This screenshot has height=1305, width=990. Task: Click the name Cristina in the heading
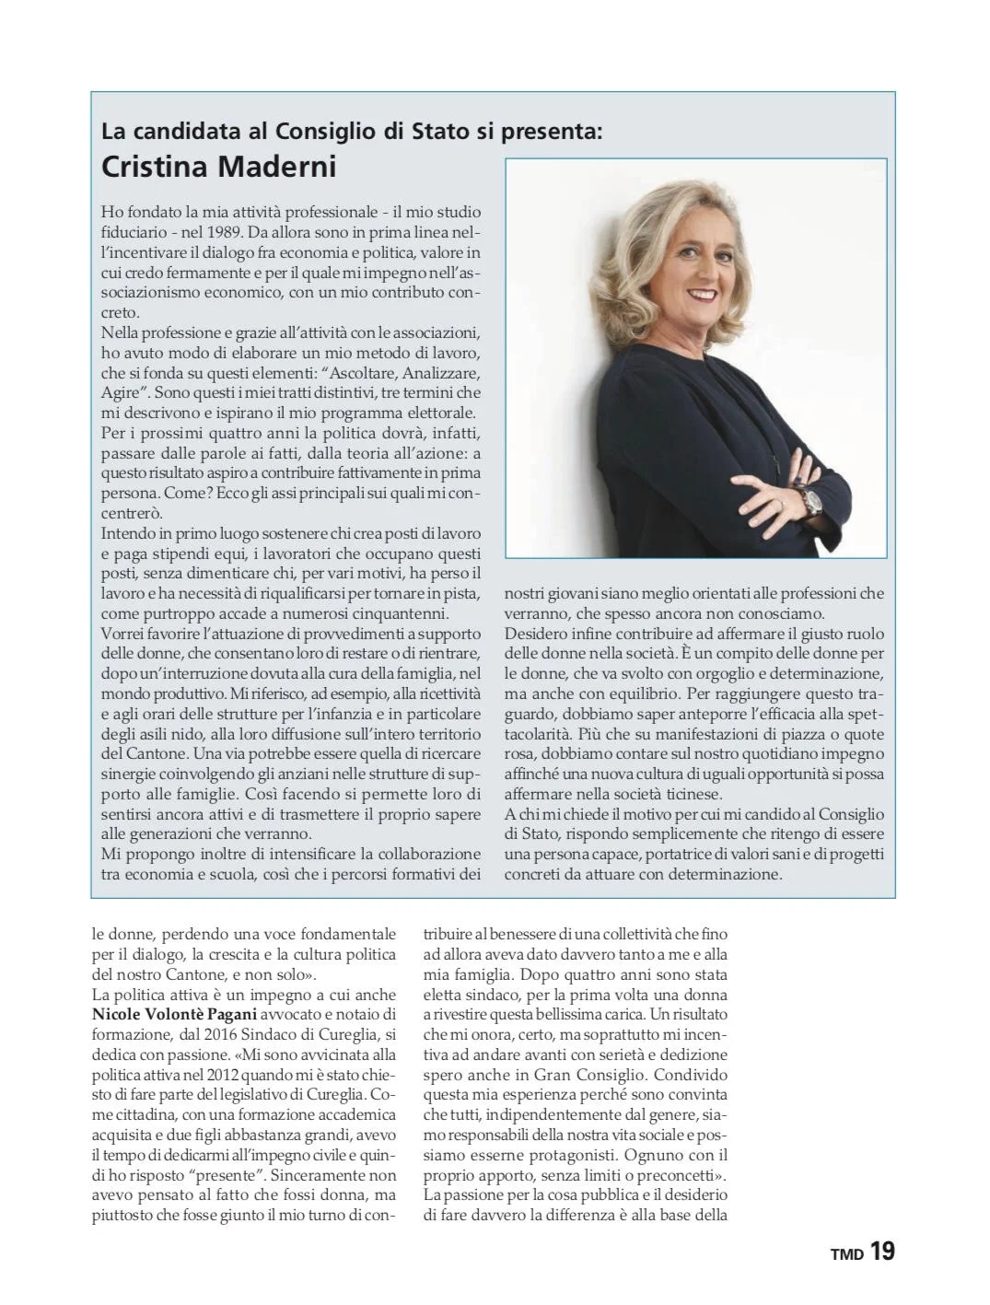(x=155, y=167)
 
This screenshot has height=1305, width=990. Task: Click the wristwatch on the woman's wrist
(x=812, y=501)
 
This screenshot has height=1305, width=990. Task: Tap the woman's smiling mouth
(x=703, y=295)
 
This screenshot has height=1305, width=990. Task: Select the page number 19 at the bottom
(x=881, y=1252)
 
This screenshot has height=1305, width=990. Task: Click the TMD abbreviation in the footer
(x=847, y=1254)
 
